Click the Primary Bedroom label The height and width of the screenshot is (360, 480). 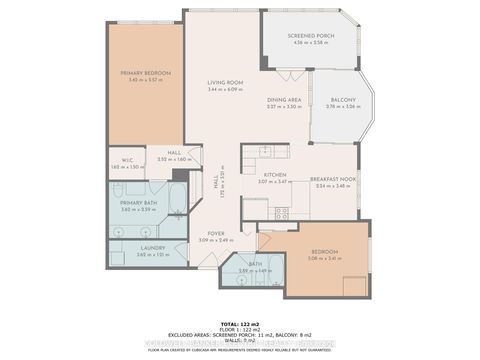[144, 73]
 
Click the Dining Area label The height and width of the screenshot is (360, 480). [284, 100]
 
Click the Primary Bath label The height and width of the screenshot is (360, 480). [137, 203]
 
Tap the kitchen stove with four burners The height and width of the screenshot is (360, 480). [281, 212]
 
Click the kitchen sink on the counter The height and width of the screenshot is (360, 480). [266, 151]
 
